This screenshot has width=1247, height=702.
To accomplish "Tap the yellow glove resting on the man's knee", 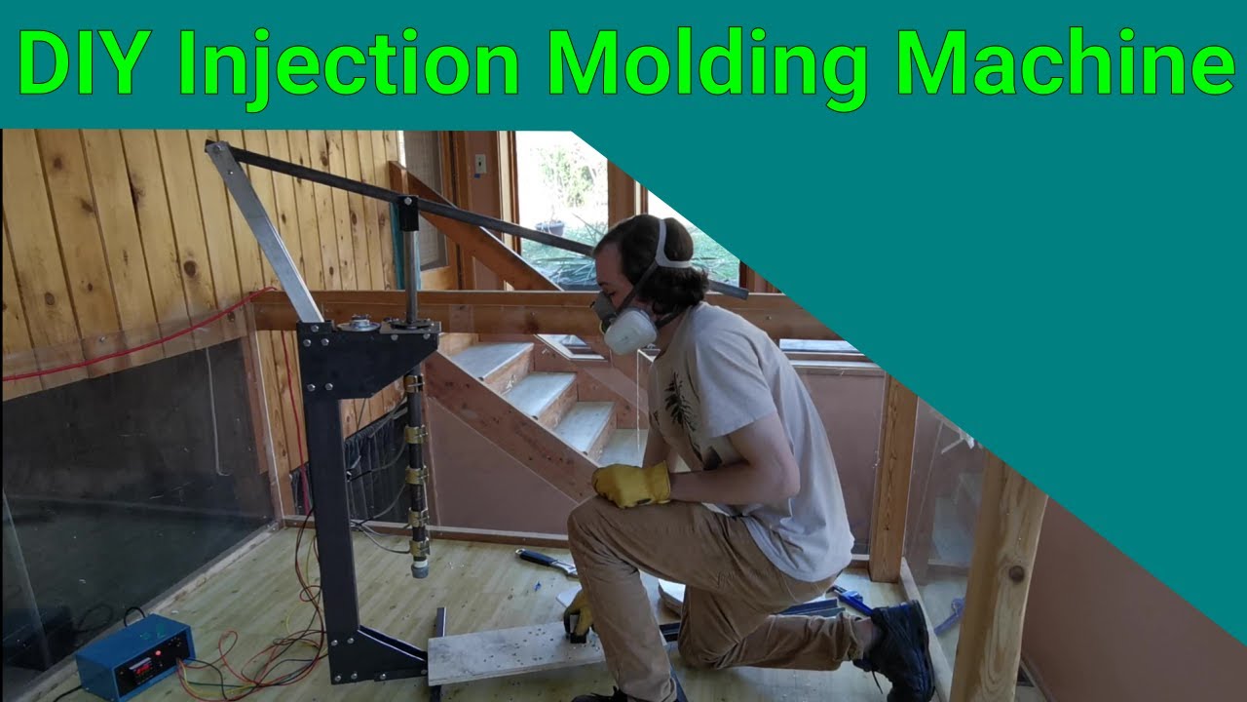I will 633,484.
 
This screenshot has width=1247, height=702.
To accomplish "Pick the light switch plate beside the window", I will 479,165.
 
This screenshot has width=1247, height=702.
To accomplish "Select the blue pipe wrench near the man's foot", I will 853,599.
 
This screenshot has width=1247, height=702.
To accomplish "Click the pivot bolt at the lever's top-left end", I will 212,149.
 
